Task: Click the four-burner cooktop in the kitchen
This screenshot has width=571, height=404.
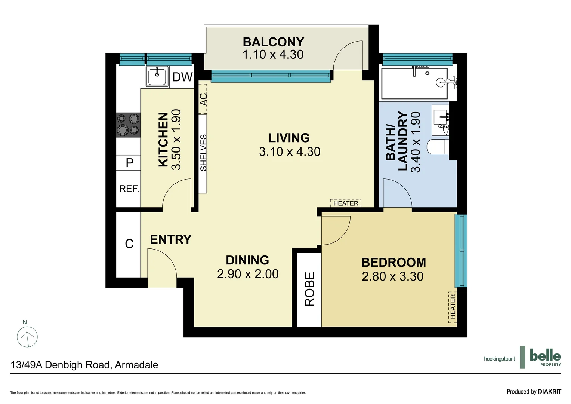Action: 128,125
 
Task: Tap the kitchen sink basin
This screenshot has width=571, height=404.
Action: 157,76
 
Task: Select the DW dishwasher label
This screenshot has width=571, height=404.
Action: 182,77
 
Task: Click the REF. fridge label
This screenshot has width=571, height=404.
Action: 129,189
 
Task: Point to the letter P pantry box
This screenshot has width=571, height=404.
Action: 130,163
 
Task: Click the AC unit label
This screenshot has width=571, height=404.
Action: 203,100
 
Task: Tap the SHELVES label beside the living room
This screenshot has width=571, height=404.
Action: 203,153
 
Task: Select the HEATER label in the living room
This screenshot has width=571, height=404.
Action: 346,203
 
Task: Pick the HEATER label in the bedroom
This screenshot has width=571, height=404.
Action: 453,306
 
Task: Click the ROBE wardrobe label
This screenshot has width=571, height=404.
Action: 309,289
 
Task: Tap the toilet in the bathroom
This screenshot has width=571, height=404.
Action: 438,147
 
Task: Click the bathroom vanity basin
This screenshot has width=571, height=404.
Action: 441,120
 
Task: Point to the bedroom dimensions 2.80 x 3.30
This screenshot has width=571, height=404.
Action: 392,276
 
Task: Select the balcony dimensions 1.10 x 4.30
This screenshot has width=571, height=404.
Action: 273,55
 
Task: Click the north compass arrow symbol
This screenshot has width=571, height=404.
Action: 27,336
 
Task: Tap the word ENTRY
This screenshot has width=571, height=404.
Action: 170,240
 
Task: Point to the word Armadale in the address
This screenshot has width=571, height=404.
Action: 136,365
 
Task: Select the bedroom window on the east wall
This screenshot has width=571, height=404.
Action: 461,251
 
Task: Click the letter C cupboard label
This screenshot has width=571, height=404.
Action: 129,244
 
